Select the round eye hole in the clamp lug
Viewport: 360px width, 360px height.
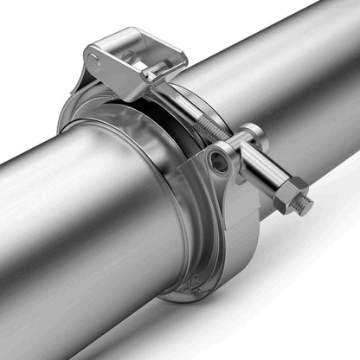(220, 161)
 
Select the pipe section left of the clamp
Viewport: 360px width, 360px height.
(78, 225)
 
